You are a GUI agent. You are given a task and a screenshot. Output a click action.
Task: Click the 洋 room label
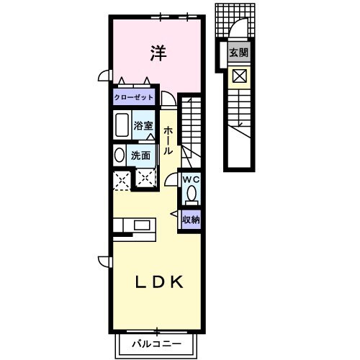tap(158, 53)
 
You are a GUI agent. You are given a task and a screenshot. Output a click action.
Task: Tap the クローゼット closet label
tap(134, 97)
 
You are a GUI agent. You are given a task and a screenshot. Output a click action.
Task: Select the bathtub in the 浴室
tap(122, 125)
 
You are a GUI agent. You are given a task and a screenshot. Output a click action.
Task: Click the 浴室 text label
tap(143, 125)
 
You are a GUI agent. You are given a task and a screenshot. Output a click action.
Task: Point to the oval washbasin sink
tap(120, 156)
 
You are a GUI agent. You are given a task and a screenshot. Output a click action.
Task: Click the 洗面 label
tap(140, 156)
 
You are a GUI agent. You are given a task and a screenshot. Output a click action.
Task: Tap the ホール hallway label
tap(168, 141)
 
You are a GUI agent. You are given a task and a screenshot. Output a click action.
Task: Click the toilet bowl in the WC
tap(192, 194)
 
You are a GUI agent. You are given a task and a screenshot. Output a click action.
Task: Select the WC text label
tap(191, 179)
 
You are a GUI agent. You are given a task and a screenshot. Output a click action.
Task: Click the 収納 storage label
tap(191, 220)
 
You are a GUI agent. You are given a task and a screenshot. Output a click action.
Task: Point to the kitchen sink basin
tap(142, 225)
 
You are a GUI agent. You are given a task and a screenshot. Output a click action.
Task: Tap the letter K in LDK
tap(177, 282)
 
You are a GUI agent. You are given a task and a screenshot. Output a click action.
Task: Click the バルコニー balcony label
tap(156, 344)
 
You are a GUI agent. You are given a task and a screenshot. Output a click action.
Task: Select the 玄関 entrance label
tap(238, 53)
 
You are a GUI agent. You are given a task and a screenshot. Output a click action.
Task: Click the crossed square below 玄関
tap(240, 76)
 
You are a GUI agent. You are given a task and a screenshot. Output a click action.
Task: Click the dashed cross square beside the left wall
tap(122, 181)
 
